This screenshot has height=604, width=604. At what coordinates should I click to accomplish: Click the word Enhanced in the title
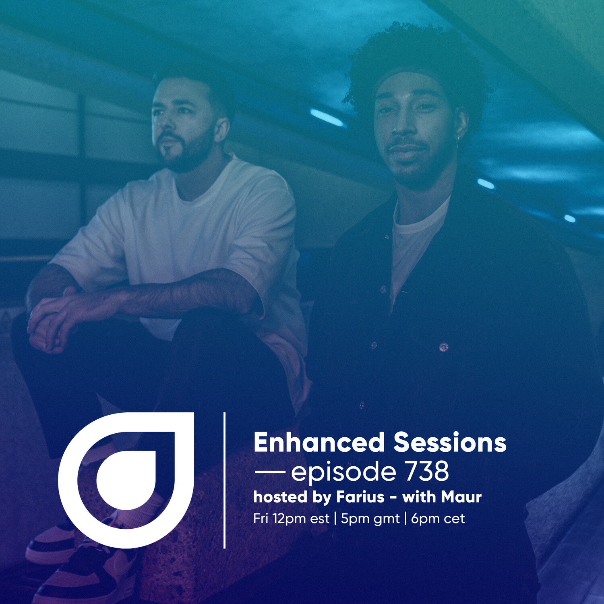[x=319, y=442]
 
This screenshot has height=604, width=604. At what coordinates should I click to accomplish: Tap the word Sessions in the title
[x=450, y=442]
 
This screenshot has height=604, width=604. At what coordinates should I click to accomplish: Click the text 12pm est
[x=301, y=519]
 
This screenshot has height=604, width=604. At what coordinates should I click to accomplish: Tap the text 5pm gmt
[x=370, y=519]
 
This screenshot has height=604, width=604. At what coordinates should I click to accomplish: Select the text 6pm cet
[x=438, y=519]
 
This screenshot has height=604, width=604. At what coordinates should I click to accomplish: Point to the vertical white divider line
[x=224, y=480]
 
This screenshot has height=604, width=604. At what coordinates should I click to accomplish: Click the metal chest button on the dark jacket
[x=444, y=346]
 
